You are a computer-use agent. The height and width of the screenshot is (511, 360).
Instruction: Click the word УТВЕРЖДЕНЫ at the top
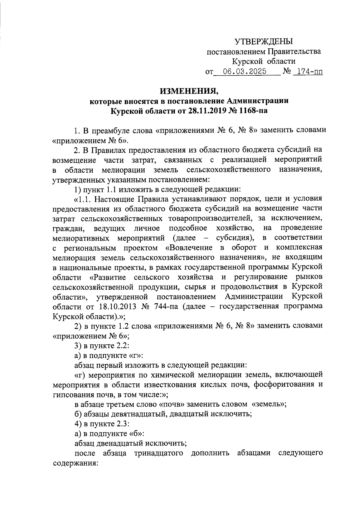tap(263, 42)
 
